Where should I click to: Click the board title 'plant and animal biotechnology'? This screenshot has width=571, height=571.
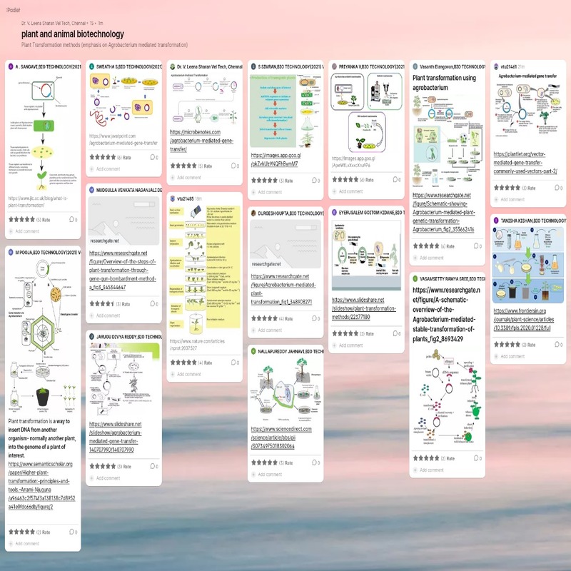tap(73, 34)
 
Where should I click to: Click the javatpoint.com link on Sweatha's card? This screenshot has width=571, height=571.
tap(122, 138)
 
